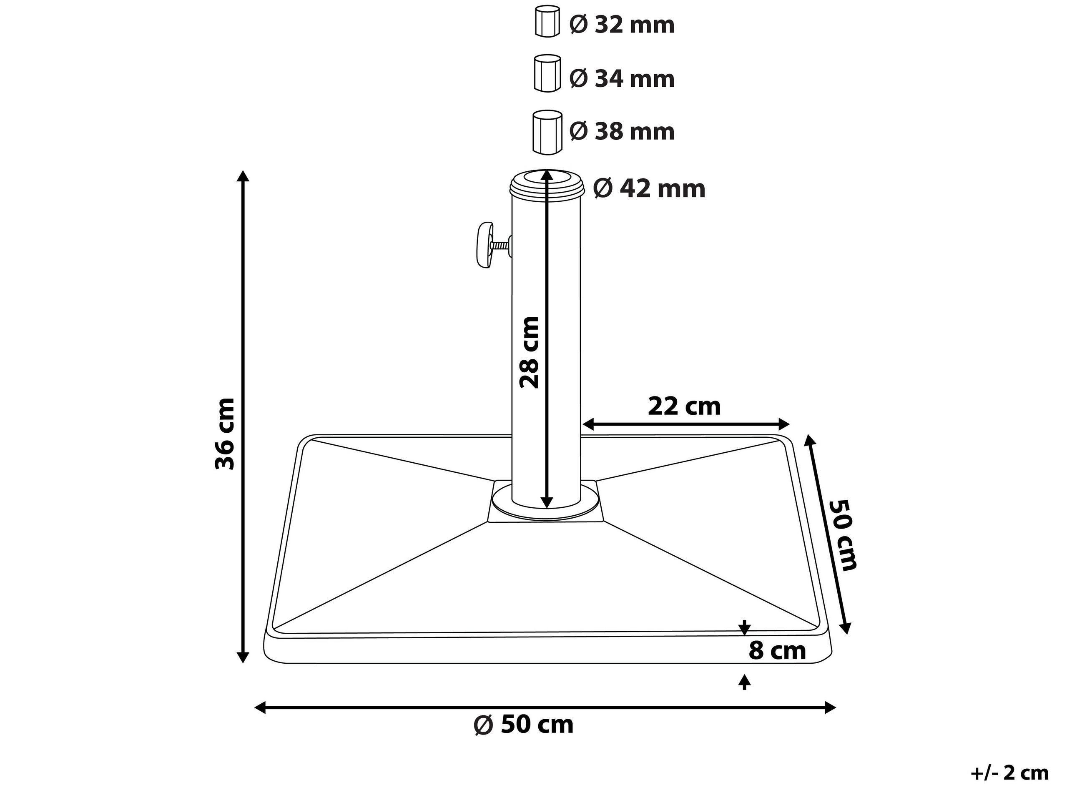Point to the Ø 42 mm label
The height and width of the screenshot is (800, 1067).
pyautogui.click(x=649, y=188)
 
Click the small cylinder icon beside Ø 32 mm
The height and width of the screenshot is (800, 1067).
pyautogui.click(x=547, y=22)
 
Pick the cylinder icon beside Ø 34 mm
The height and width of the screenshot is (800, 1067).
pyautogui.click(x=547, y=73)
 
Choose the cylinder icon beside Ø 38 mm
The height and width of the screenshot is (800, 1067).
pyautogui.click(x=547, y=132)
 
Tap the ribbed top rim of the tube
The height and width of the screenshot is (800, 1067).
pyautogui.click(x=547, y=185)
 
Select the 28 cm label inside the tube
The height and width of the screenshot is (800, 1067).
pyautogui.click(x=529, y=353)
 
